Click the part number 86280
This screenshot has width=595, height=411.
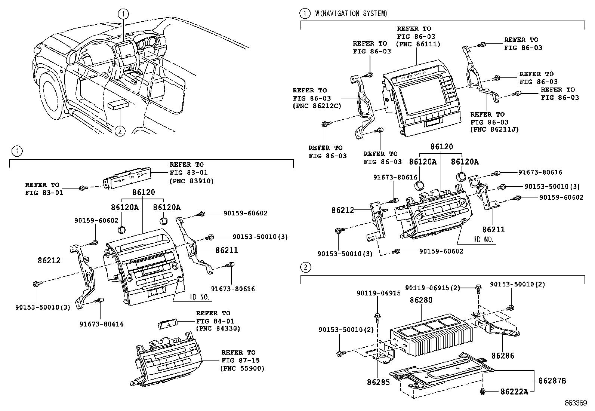(421, 300)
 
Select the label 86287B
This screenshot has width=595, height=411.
(552, 381)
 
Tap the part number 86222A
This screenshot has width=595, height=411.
(514, 392)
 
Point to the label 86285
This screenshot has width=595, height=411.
(379, 382)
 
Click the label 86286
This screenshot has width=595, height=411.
(503, 355)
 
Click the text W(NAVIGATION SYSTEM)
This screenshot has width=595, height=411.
(351, 14)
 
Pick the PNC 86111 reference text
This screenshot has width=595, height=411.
(419, 44)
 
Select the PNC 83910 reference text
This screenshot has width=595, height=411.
(192, 181)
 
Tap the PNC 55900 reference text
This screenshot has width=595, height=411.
(243, 368)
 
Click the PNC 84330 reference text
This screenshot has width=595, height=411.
(218, 329)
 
